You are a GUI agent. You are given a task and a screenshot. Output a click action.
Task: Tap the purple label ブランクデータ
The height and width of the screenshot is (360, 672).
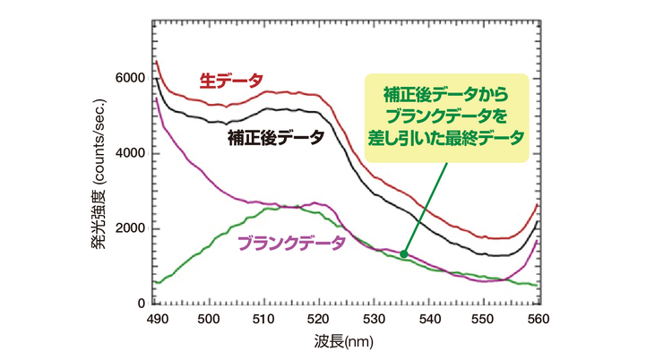tap(290, 242)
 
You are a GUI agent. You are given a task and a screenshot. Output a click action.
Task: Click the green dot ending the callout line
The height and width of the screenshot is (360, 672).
tap(404, 254)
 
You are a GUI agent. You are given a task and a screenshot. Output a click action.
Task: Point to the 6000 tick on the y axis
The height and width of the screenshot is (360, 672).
tap(129, 79)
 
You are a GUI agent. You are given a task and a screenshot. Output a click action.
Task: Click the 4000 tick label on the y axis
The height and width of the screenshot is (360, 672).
tap(129, 154)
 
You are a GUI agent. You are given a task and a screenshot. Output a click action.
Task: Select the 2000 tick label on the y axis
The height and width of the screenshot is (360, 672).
tap(129, 229)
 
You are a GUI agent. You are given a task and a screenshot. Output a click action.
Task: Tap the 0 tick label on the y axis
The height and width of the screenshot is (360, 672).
tap(141, 304)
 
